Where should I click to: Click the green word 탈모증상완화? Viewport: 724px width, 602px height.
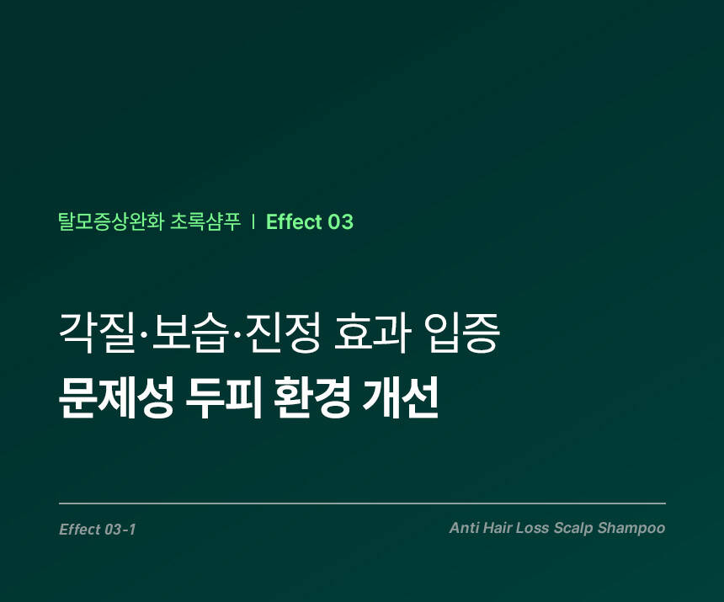coord(111,221)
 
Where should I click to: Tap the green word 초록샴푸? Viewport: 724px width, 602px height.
coord(206,221)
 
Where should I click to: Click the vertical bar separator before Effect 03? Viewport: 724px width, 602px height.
coord(253,222)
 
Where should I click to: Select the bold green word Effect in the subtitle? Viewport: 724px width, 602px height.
coord(294,221)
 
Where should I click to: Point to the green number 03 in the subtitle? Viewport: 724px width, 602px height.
coord(341,222)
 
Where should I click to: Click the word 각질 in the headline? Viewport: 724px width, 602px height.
coord(97,333)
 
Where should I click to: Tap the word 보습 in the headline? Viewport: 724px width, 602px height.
coord(190,333)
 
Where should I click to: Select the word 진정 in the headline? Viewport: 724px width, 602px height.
coord(284,333)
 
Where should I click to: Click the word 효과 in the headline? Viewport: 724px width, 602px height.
coord(371,333)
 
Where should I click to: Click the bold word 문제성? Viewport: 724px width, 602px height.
coord(116,398)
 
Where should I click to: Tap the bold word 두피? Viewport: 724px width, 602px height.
coord(223,398)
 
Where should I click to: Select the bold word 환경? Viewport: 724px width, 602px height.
coord(311,398)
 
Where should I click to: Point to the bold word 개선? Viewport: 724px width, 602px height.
coord(400,398)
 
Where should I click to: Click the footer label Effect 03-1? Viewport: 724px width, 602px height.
coord(98,530)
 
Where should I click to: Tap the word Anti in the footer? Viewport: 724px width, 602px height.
coord(464,528)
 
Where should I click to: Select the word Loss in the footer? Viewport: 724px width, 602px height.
coord(532,528)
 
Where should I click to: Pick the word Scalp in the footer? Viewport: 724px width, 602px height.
coord(573,529)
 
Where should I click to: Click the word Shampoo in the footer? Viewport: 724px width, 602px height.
coord(631,529)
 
